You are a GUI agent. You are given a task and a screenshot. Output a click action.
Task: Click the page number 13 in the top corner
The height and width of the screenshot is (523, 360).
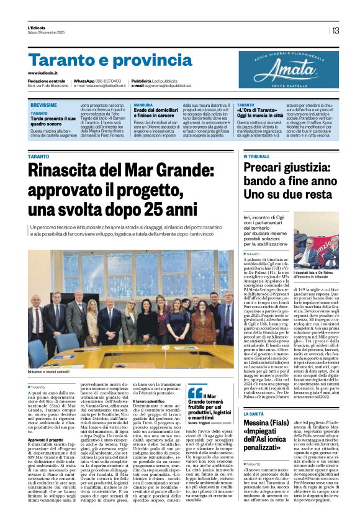(x=336, y=30)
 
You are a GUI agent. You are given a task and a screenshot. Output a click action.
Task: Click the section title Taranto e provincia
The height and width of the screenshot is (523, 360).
(x=102, y=60)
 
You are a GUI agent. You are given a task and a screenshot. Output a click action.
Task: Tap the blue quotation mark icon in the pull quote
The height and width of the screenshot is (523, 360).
(x=195, y=392)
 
